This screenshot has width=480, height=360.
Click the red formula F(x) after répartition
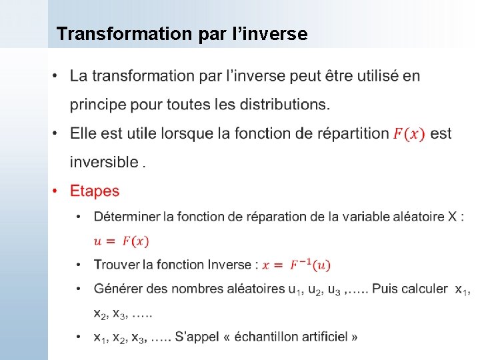point(409,134)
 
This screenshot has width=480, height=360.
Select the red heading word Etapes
point(95,191)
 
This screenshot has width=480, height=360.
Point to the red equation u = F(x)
point(121,241)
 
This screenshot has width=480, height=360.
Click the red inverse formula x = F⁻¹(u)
point(296,265)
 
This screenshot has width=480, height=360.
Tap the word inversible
point(104,162)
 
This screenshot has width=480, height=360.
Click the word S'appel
point(195,337)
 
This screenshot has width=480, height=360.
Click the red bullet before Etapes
point(56,191)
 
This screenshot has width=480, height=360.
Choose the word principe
point(99,105)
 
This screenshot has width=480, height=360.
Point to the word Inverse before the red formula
point(228,265)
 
